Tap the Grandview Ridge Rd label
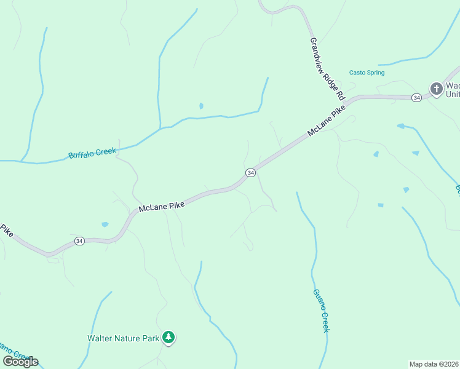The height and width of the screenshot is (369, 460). pos(327,69)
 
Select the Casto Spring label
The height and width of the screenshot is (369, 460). pos(367,73)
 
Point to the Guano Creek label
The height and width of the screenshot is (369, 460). pos(321,311)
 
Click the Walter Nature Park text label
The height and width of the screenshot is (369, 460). pos(123,338)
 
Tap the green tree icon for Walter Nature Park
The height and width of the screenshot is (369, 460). pos(169,337)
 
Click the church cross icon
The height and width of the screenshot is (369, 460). pos(436,89)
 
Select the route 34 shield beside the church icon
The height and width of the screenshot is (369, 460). pos(416,97)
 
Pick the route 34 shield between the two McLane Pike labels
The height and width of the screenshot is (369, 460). pos(250,173)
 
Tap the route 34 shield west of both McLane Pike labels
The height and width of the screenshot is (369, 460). pos(79,242)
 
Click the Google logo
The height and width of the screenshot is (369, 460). pos(20,361)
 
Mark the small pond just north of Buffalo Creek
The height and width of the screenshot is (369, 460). pos(201,106)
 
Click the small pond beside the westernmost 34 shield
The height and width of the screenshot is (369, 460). pos(105,224)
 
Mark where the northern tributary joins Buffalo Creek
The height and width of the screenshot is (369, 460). pos(161,128)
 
